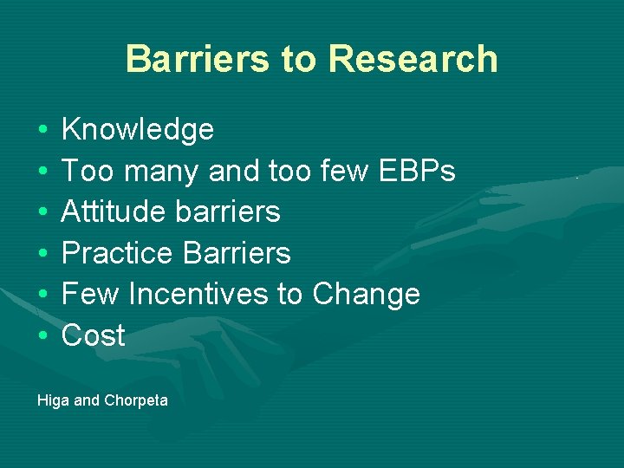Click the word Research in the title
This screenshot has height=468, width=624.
pos(413,59)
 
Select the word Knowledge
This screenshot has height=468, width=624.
pos(138,130)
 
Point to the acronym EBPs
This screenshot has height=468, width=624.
pos(417,172)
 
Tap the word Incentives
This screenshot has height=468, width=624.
pos(199,295)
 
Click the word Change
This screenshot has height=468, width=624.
pos(366,295)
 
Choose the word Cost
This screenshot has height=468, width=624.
pos(94,335)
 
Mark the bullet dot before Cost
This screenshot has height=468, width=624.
pos(42,336)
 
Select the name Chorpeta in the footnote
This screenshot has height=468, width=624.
pos(136,400)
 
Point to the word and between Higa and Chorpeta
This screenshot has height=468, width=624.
pos(87,400)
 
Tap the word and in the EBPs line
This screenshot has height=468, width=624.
pos(234,172)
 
